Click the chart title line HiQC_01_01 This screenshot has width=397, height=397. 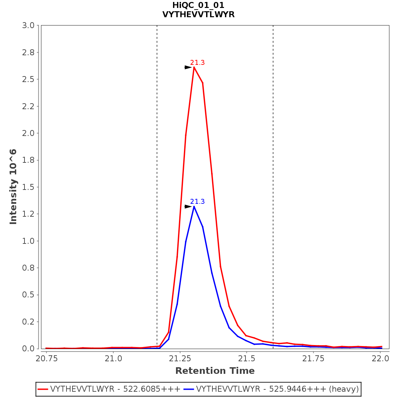pos(198,5)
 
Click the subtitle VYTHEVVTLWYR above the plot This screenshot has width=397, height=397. pos(198,15)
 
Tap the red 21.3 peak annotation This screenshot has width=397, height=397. pos(198,63)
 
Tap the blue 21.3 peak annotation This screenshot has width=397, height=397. pos(198,201)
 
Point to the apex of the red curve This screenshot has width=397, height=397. pos(194,67)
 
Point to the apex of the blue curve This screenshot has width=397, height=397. pos(194,206)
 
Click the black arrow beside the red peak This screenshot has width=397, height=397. pos(188,67)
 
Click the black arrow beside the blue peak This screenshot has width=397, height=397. pos(188,206)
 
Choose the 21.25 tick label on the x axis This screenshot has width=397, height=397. pos(180,359)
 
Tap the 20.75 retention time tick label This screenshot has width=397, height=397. pos(46,359)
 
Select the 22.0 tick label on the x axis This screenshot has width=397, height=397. pos(380,359)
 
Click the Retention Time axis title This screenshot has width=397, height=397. pos(215,371)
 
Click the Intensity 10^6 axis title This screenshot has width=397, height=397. pos(13,187)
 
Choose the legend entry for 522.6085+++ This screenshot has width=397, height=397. pos(115,389)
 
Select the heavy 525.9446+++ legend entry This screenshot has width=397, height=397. pos(277,389)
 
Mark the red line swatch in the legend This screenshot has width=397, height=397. pos(43,389)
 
